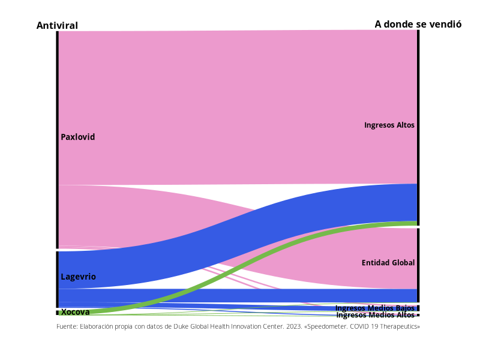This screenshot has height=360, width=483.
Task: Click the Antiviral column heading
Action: click(57, 25)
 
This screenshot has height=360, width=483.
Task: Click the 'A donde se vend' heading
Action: click(413, 24)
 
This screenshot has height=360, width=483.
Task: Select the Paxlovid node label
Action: click(78, 137)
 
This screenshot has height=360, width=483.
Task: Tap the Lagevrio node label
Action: click(78, 277)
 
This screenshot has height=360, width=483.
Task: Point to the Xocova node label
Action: click(76, 312)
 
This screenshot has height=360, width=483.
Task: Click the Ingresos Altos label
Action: click(389, 125)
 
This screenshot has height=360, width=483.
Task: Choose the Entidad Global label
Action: click(388, 263)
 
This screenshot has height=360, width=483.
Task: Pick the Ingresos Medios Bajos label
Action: click(374, 308)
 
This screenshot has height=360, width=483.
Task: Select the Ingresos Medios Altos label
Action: click(375, 315)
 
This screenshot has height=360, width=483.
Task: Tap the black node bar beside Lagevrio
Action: click(58, 279)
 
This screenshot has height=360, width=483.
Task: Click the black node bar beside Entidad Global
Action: click(418, 265)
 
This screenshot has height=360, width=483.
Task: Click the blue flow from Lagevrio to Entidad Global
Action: click(240, 295)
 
